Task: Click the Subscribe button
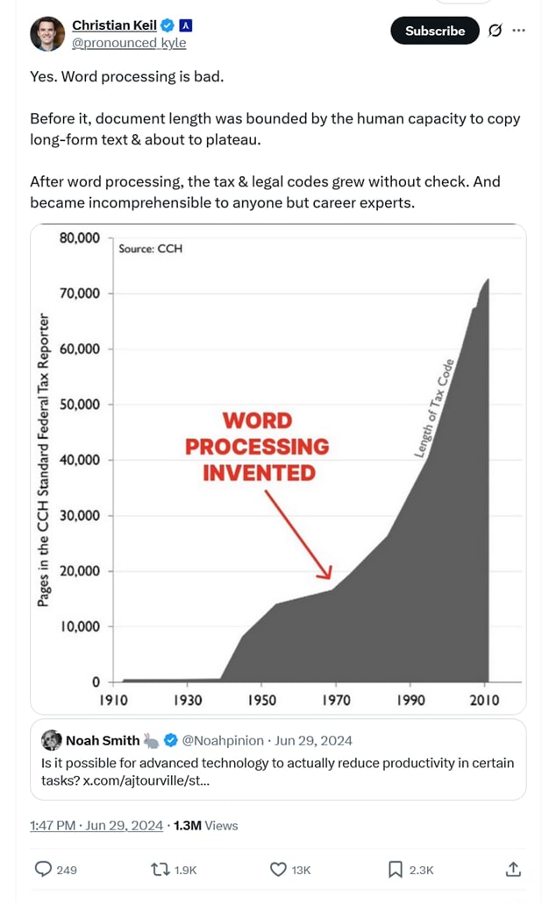(x=434, y=31)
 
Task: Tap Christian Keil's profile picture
(x=46, y=33)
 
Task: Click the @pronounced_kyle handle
(x=128, y=43)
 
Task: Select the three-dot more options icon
(x=518, y=31)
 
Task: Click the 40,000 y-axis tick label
(x=80, y=460)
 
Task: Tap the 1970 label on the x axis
(x=336, y=700)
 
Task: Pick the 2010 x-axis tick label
(x=484, y=700)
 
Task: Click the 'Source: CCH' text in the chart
(x=150, y=249)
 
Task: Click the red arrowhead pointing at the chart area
(x=326, y=574)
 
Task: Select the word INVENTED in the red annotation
(x=259, y=473)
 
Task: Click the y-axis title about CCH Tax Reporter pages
(x=43, y=459)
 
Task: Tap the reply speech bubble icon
(x=42, y=869)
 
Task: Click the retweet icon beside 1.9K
(x=160, y=869)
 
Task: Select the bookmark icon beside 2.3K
(x=395, y=869)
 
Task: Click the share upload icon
(x=513, y=869)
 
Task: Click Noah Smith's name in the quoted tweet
(x=103, y=740)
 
